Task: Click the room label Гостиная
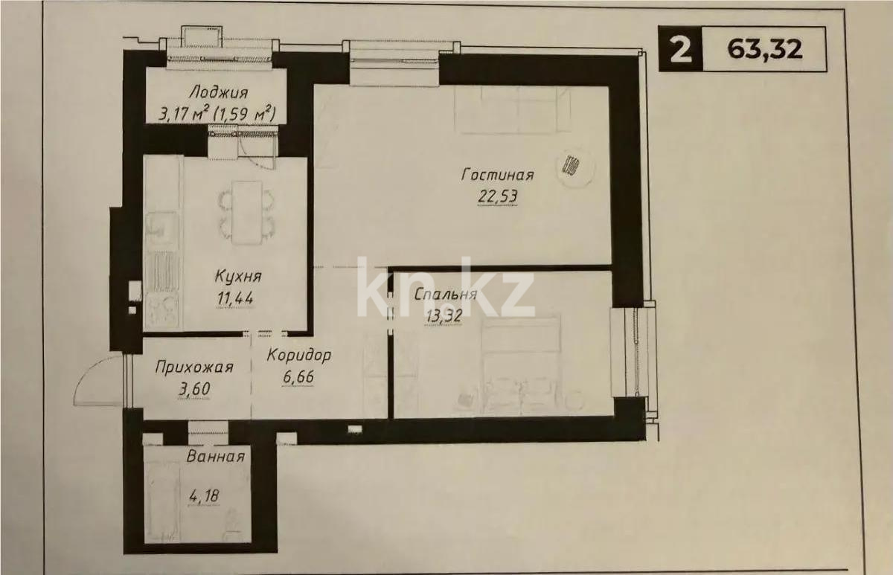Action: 497,176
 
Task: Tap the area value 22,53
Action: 497,198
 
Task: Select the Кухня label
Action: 237,277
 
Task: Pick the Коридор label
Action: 298,356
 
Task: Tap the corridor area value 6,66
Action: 298,376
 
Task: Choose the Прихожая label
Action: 194,367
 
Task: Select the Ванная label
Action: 217,457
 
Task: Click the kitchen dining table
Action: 246,212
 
